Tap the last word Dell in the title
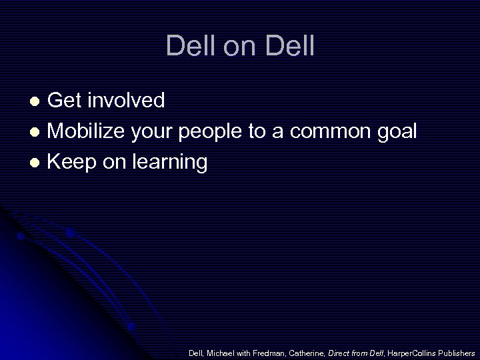coord(290,47)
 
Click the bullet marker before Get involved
coord(38,101)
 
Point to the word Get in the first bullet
coord(65,101)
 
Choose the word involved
coord(126,101)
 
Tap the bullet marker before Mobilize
coord(38,132)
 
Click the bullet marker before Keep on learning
coord(38,163)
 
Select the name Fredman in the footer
coord(269,353)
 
